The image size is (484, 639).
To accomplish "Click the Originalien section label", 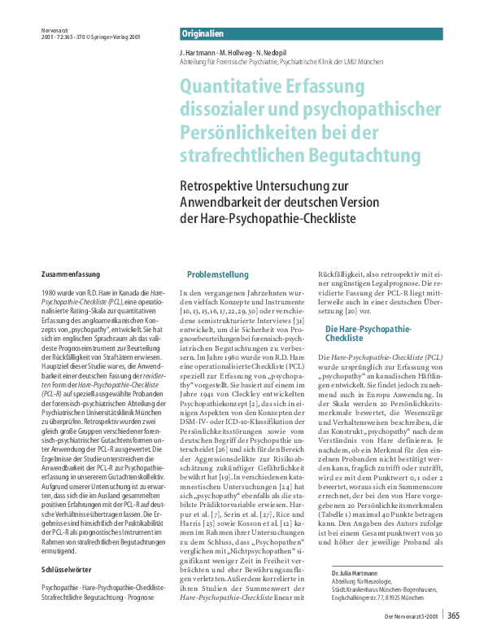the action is coord(203,34).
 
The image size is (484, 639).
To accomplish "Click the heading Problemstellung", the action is coord(218,274).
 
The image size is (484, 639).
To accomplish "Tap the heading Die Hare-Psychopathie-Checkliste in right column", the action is coord(368,332).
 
